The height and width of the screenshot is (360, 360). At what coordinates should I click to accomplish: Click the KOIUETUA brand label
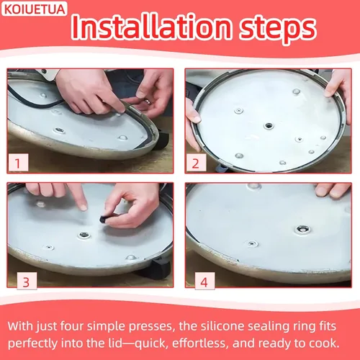[x=34, y=9]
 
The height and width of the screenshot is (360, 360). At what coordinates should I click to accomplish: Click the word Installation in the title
[x=151, y=27]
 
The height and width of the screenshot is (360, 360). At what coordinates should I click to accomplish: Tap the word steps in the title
[x=278, y=30]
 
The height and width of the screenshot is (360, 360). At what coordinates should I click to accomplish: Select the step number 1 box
[x=18, y=163]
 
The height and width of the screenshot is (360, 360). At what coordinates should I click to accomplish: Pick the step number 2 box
[x=196, y=163]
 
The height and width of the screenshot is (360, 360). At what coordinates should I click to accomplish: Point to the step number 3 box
[x=27, y=281]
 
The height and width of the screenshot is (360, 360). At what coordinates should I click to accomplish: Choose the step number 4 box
[x=204, y=281]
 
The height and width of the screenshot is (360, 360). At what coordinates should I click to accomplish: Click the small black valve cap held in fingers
[x=104, y=219]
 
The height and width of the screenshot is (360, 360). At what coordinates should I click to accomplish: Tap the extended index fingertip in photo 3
[x=83, y=207]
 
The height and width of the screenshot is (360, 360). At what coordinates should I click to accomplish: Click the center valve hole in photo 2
[x=269, y=125]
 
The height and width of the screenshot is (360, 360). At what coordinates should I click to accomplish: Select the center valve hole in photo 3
[x=84, y=235]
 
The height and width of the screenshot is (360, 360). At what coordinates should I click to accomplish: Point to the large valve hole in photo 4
[x=302, y=230]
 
